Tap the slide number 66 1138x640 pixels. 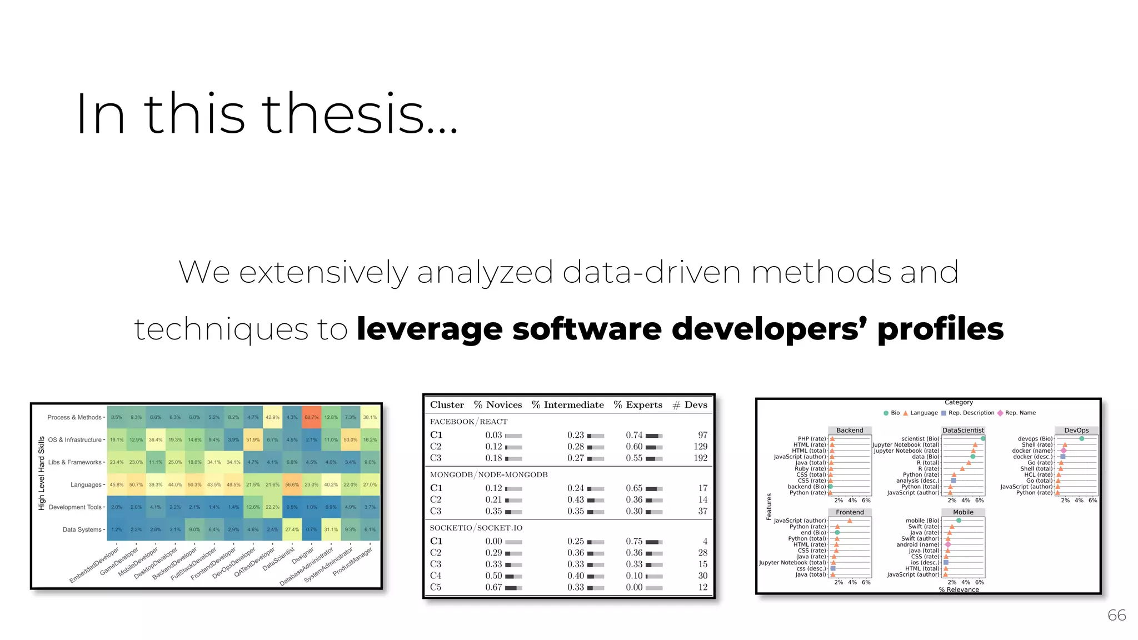[x=1116, y=615]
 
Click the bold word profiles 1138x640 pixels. [x=940, y=329]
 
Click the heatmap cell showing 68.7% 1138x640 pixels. [x=311, y=417]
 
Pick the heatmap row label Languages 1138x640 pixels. [x=86, y=485]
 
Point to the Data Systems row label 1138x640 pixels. [x=82, y=530]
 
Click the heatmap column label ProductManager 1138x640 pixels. [x=352, y=561]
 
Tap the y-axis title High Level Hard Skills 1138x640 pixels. [x=42, y=473]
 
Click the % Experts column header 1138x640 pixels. [x=638, y=405]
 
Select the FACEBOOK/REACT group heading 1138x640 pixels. [x=468, y=422]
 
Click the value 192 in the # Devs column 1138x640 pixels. [x=700, y=458]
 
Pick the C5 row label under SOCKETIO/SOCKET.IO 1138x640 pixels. [x=436, y=587]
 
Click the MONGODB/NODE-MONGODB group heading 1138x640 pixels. [x=488, y=475]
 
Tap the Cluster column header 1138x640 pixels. [x=447, y=405]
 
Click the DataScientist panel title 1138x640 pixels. [x=963, y=431]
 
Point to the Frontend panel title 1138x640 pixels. [x=850, y=512]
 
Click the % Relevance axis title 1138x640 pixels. [x=959, y=589]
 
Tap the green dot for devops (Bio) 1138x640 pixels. [x=1081, y=439]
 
